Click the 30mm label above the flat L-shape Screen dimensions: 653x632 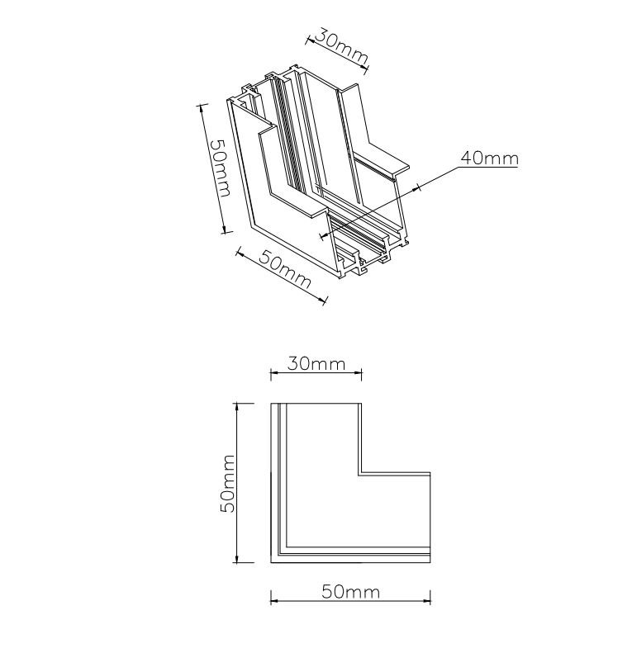coord(316,363)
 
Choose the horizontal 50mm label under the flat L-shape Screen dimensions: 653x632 coord(350,592)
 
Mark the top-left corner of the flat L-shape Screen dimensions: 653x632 coord(272,404)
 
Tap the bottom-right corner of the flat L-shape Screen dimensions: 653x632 coord(430,563)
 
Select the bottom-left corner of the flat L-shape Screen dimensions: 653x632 coord(272,563)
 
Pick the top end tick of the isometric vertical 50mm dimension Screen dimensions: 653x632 coord(200,105)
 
